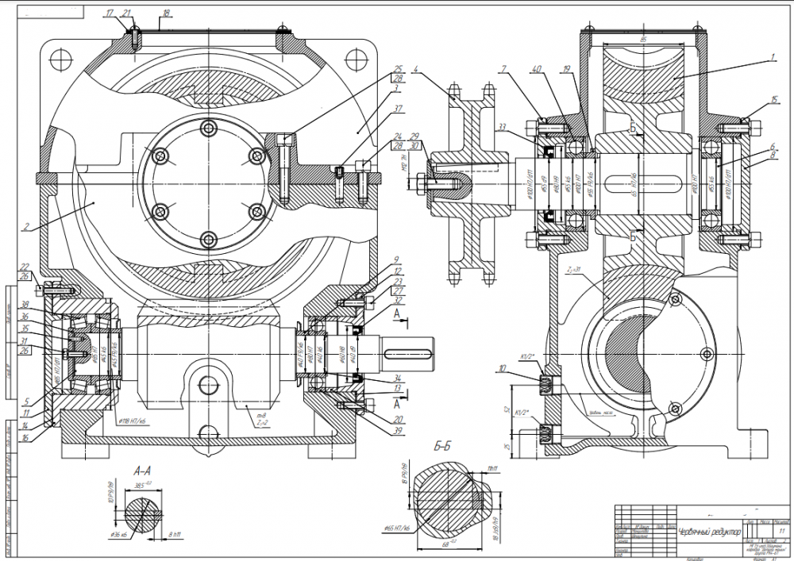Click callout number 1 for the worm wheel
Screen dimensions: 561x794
coord(770,57)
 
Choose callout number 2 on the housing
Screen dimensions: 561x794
coord(25,227)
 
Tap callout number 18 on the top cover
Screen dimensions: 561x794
coord(166,13)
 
